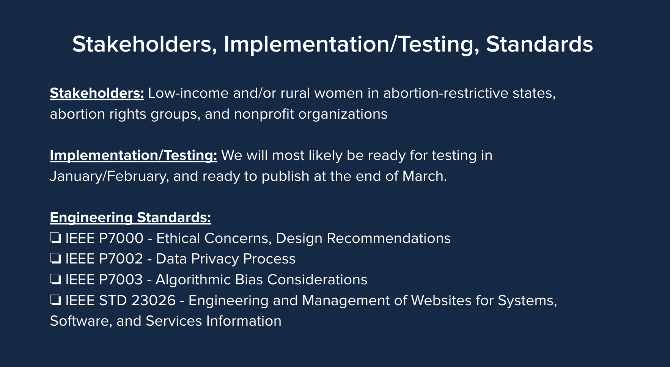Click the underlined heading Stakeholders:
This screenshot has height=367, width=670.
tap(97, 93)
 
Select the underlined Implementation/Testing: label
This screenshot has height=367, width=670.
tap(133, 156)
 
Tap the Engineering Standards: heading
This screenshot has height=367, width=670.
tap(130, 218)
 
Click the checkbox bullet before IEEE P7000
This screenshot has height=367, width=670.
tap(55, 238)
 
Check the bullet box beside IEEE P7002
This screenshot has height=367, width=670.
tap(55, 259)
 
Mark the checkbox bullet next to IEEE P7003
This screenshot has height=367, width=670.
tap(55, 280)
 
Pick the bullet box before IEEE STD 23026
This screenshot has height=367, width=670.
tap(55, 301)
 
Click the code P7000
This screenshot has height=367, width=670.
tap(121, 238)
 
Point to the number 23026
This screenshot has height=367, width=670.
tap(153, 301)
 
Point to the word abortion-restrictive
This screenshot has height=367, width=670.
tap(446, 93)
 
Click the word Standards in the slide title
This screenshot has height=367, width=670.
tap(539, 44)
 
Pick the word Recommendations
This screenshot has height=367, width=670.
tap(389, 238)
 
